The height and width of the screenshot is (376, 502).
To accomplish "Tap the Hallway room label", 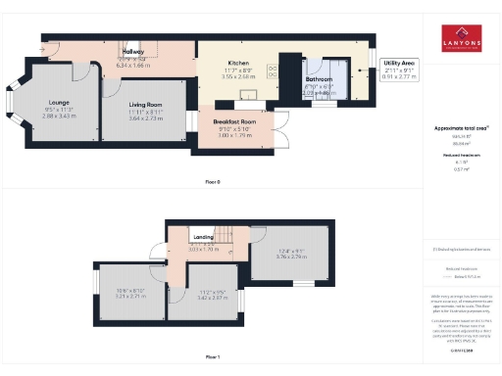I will tap(132, 52).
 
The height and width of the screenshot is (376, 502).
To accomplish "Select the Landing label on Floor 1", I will tap(203, 236).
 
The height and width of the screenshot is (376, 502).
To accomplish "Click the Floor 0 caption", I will tap(212, 183).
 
